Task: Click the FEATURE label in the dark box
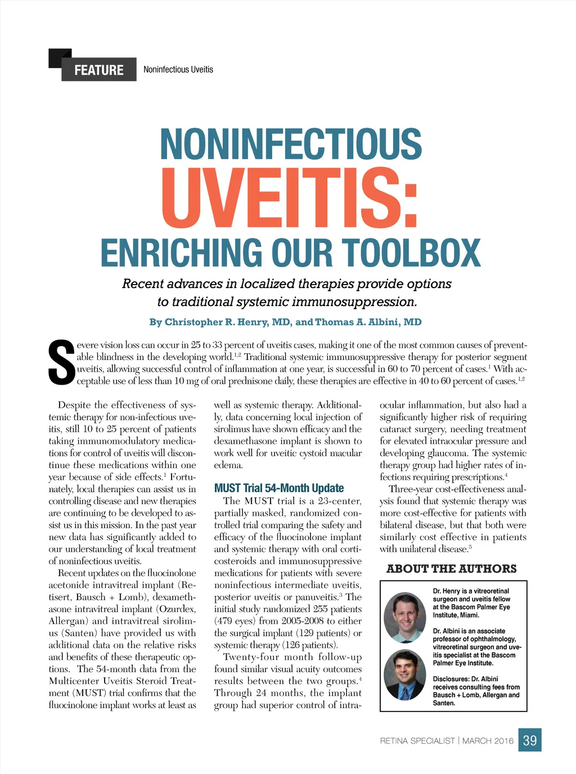(x=99, y=70)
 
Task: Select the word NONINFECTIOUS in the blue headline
(x=291, y=144)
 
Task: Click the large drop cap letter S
(x=61, y=363)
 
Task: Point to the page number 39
(x=530, y=740)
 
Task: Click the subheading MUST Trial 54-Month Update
(x=279, y=488)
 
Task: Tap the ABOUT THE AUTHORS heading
(x=452, y=569)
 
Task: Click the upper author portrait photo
(x=405, y=617)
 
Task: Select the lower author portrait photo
(x=405, y=674)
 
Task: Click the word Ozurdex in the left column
(x=176, y=609)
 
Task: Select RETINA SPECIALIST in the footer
(x=417, y=741)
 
